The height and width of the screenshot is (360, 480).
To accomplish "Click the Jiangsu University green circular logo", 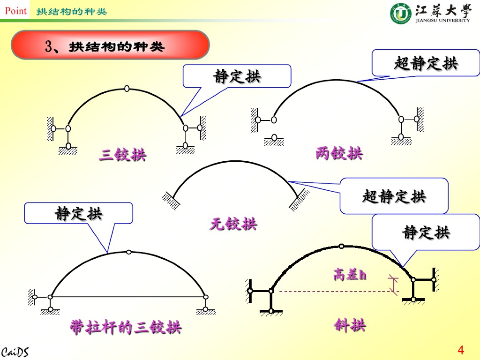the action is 400,13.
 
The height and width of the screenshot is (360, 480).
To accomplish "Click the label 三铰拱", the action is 122,155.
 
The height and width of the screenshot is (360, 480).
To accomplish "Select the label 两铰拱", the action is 339,153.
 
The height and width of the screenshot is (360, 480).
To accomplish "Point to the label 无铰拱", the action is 233,224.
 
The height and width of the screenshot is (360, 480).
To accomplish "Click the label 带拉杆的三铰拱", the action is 126,327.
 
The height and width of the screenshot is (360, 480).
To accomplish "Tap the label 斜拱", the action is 350,325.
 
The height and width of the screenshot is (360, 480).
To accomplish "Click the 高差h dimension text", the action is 350,275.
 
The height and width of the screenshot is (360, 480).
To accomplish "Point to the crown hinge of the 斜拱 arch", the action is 342,245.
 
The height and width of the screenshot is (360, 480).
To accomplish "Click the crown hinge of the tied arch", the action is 128,252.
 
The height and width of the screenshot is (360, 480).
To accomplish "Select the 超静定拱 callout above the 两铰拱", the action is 426,63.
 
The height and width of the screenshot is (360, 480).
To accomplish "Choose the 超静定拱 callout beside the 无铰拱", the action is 394,196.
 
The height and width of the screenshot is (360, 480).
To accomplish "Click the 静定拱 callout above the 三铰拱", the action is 237,76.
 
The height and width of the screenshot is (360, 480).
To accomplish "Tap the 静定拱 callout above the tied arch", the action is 79,213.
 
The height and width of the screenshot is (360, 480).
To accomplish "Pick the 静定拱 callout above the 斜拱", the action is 426,232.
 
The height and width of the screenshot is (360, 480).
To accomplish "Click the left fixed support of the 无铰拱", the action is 170,199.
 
